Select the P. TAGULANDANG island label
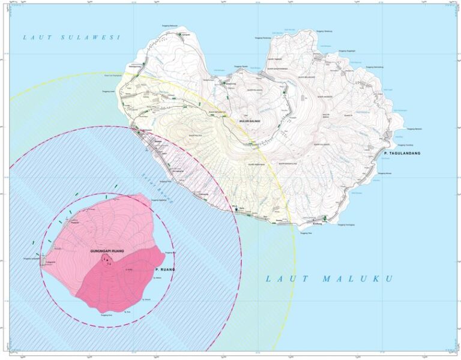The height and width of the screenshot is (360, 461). point(402,154)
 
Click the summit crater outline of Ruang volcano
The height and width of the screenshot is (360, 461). point(107,259)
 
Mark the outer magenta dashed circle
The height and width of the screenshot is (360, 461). point(240,240)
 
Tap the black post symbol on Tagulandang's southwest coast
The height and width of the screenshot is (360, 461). point(236,209)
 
